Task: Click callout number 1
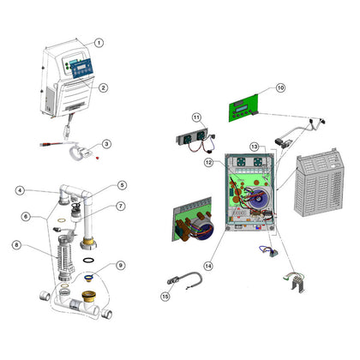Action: point(99,43)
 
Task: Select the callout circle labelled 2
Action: point(103,87)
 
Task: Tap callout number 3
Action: point(106,144)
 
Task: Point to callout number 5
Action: point(122,185)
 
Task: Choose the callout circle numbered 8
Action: point(17,245)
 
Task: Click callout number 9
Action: point(121,266)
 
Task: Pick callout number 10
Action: point(280,87)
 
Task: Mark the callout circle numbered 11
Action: point(196,117)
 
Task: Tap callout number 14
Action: point(208,266)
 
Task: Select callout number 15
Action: point(165,297)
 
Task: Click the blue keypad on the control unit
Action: point(82,69)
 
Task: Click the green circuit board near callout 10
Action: point(243,108)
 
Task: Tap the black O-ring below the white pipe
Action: point(88,261)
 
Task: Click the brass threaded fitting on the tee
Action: point(90,296)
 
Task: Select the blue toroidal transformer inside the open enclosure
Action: point(260,199)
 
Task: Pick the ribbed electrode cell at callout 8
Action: point(66,257)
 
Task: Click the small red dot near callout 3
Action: point(98,158)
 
